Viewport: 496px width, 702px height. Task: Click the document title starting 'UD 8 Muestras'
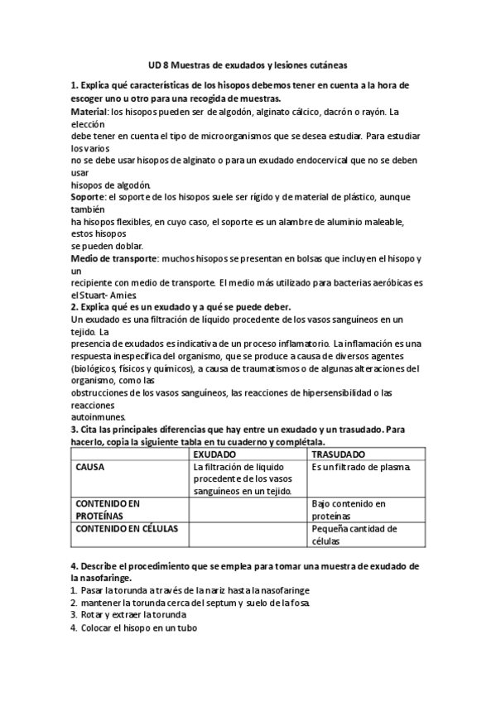(x=248, y=63)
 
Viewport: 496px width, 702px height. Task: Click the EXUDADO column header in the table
(x=214, y=455)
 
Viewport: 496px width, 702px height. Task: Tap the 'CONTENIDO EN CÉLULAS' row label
(x=122, y=527)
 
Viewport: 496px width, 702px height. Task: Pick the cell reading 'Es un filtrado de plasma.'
(x=362, y=467)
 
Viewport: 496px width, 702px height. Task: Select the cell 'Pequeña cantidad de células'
(x=354, y=534)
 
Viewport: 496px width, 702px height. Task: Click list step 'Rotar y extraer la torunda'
(x=133, y=615)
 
